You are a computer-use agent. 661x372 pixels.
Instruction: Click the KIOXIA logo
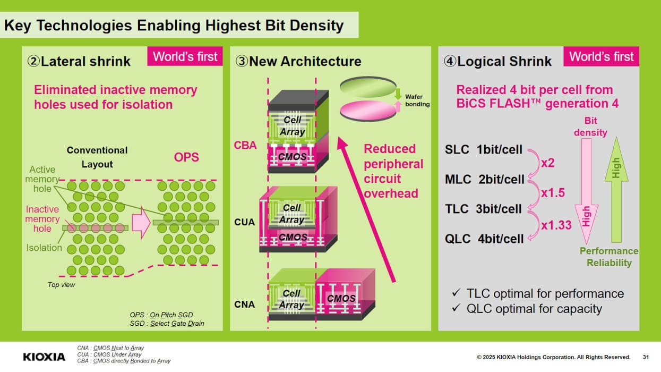coord(44,357)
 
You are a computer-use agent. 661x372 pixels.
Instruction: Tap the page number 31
coord(646,357)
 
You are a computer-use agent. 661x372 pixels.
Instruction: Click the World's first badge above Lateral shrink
coord(185,56)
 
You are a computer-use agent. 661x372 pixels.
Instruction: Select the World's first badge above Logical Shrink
coord(601,56)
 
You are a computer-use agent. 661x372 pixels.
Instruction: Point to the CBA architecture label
coord(245,145)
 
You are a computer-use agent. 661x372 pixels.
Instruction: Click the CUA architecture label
coord(244,222)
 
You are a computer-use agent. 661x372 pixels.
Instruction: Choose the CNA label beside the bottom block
coord(244,305)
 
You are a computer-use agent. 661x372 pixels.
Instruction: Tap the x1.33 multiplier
coord(556,225)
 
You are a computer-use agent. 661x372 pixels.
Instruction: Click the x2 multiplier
coord(548,163)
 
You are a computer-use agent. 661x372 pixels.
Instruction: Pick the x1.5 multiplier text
coord(553,193)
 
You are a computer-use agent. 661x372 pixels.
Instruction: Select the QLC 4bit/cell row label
coord(484,239)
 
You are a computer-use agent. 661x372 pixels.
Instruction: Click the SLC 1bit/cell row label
coord(484,149)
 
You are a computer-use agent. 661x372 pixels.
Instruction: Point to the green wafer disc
coord(368,87)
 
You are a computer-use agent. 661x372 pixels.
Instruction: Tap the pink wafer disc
coord(368,111)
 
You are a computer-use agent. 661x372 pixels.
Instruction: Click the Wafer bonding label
coord(417,100)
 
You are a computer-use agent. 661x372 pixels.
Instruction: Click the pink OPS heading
coord(186,157)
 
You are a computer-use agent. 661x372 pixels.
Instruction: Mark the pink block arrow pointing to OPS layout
coord(141,223)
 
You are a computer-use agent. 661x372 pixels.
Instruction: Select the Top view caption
coord(62,284)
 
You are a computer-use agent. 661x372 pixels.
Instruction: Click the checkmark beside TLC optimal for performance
coord(456,292)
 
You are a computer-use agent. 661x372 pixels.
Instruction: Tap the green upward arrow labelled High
coord(616,190)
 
